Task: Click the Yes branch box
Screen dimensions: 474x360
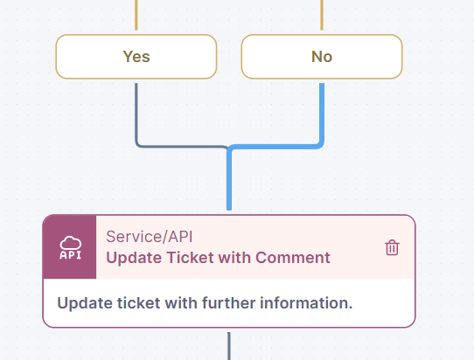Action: [136, 57]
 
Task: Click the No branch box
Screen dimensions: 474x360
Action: [322, 57]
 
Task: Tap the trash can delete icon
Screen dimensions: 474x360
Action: [392, 247]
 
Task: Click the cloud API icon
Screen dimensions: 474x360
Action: [70, 247]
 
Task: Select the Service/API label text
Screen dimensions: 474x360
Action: [150, 237]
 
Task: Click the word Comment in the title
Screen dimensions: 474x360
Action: [293, 258]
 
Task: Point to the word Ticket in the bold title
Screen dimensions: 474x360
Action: [190, 258]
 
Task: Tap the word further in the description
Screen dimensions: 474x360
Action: [229, 303]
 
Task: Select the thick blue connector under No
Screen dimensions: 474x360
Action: [322, 121]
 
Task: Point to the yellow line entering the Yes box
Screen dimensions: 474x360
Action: [136, 15]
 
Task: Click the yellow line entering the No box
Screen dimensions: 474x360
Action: [322, 15]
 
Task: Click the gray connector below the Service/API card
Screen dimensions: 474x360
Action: [229, 346]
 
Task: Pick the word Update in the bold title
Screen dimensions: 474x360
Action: [135, 259]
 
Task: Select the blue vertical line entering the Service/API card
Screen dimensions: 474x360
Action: [229, 180]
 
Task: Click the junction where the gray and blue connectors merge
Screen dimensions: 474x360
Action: [229, 148]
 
